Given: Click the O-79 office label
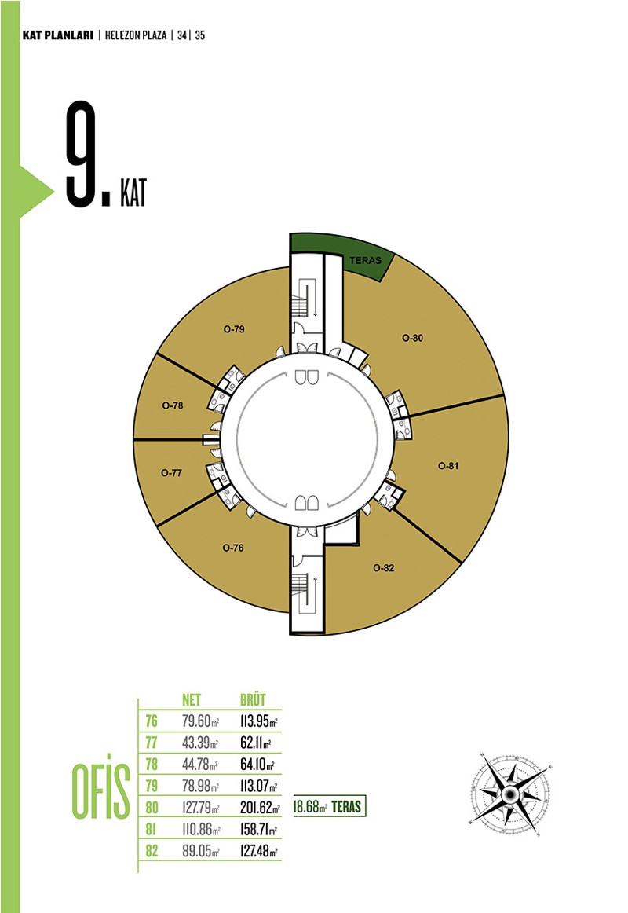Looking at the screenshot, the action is pyautogui.click(x=234, y=329).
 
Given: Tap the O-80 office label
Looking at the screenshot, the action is pyautogui.click(x=412, y=338).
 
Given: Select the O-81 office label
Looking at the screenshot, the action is pyautogui.click(x=448, y=466).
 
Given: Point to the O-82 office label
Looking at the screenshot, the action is pyautogui.click(x=384, y=568).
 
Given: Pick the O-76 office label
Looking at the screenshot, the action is pyautogui.click(x=233, y=548).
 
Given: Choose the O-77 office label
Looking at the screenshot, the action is pyautogui.click(x=172, y=473).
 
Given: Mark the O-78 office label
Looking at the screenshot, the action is pyautogui.click(x=173, y=405).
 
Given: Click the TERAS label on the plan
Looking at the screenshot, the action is pyautogui.click(x=365, y=260).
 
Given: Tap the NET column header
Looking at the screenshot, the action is pyautogui.click(x=192, y=700).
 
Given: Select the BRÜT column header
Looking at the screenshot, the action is pyautogui.click(x=253, y=699).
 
